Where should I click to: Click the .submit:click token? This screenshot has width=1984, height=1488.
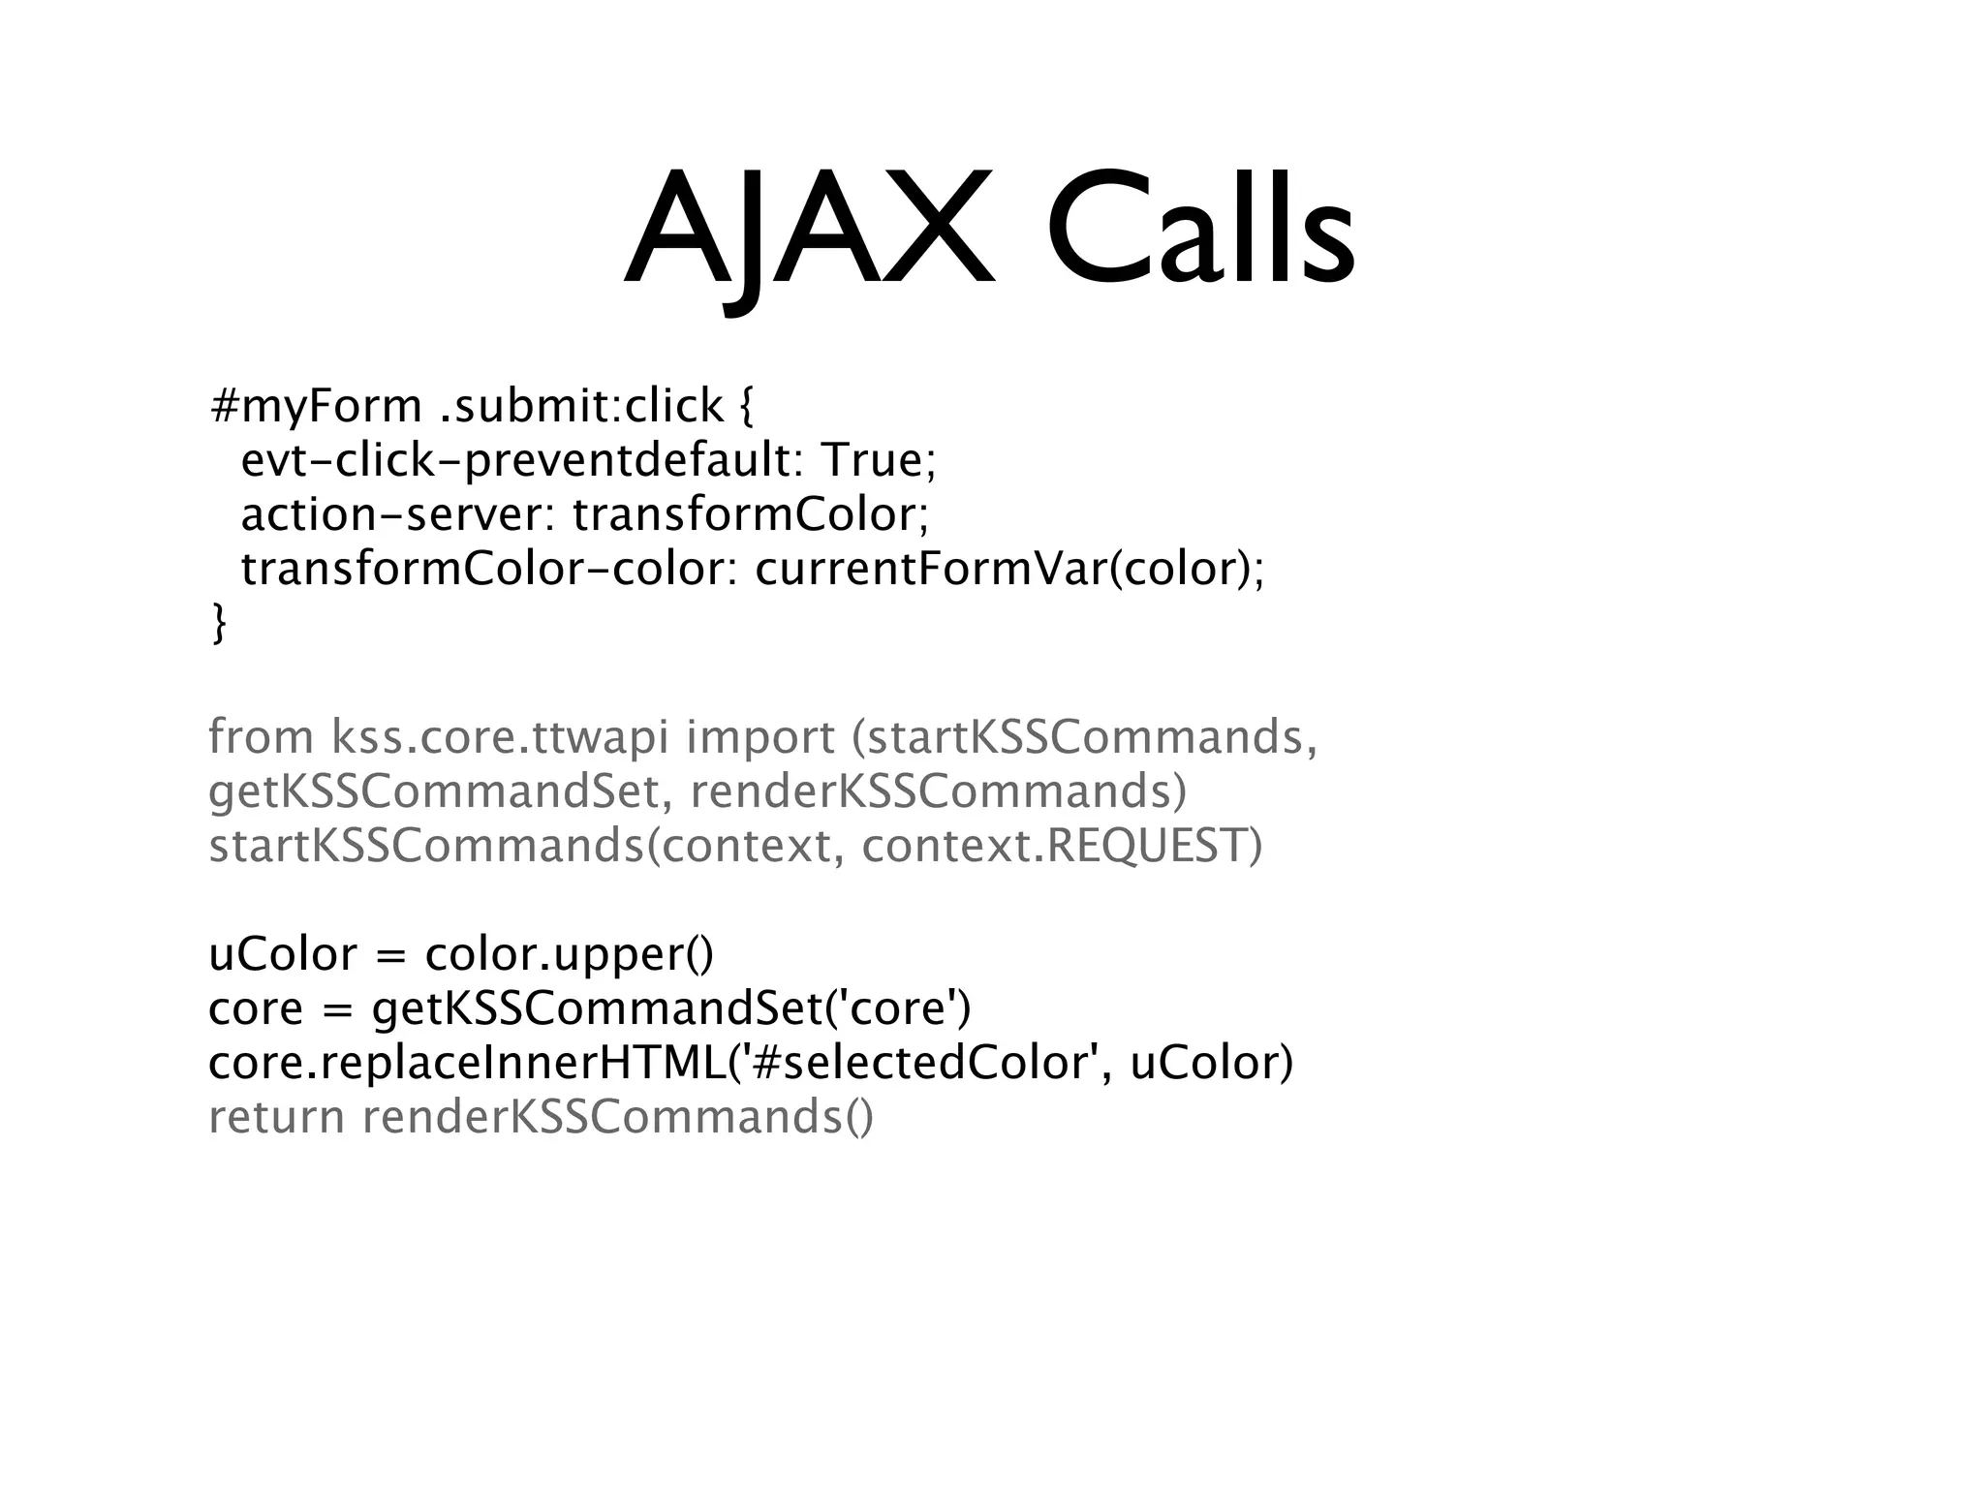(581, 406)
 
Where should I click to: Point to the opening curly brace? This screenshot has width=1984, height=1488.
(744, 406)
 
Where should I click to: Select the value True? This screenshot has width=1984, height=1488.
(878, 460)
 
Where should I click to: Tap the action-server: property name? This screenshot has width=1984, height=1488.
(397, 514)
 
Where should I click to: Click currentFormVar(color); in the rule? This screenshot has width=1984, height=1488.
(1009, 569)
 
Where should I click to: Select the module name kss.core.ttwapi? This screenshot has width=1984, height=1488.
(499, 737)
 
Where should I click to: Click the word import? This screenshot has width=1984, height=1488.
(759, 737)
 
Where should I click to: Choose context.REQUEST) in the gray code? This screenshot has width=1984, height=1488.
(1062, 846)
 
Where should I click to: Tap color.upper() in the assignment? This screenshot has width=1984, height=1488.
(569, 954)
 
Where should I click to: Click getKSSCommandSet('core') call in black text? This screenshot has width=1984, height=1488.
(671, 1008)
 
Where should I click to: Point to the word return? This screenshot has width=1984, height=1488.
(276, 1117)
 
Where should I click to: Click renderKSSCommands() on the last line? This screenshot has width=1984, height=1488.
(618, 1117)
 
